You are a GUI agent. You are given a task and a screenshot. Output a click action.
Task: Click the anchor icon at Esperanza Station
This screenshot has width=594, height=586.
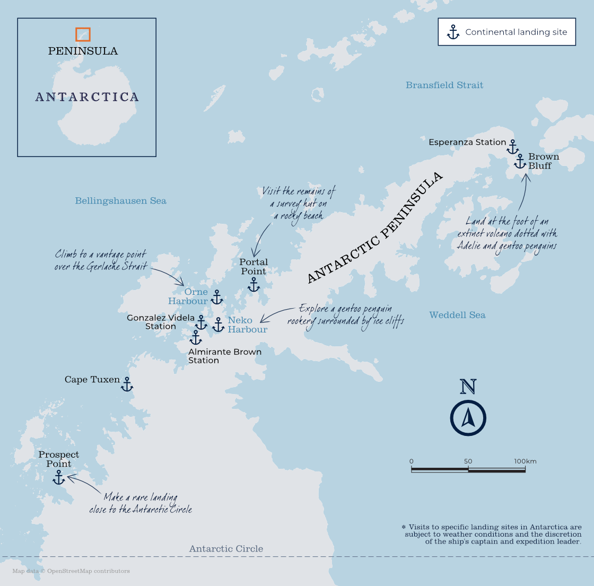point(512,147)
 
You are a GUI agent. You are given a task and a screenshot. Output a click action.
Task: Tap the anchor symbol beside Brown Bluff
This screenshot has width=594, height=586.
point(520,161)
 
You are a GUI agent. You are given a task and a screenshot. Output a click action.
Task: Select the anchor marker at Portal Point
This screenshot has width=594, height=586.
point(254,285)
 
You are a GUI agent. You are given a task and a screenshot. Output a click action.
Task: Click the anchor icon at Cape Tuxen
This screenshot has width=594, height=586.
point(126,384)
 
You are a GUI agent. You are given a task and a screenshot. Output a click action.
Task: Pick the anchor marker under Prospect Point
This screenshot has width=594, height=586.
point(58,477)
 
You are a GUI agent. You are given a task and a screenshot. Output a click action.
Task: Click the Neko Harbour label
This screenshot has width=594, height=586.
point(247,325)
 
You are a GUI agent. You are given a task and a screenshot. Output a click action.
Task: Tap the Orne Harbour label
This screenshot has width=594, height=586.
point(188,296)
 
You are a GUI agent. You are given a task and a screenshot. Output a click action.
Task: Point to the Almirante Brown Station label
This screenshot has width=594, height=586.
point(224,356)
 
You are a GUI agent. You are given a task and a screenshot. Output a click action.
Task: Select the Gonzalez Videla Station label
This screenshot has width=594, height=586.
point(160,322)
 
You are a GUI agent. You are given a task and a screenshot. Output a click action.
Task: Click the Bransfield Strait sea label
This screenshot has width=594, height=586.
point(444,85)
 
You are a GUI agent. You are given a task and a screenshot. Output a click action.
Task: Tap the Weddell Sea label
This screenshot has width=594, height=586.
point(457,315)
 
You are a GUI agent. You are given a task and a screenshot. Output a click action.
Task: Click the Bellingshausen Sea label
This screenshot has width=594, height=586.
point(120,201)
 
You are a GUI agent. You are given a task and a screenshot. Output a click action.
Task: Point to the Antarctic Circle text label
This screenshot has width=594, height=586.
point(226,549)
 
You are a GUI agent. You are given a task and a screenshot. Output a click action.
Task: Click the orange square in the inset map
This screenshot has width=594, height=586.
point(83,34)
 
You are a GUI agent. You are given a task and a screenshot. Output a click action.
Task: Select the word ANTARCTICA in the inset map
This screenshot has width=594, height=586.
point(87,97)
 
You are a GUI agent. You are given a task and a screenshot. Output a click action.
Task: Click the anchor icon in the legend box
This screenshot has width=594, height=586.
point(453,32)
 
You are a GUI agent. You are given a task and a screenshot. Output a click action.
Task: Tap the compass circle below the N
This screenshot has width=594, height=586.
point(468,418)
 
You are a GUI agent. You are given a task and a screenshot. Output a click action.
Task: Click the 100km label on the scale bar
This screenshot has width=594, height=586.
point(525,461)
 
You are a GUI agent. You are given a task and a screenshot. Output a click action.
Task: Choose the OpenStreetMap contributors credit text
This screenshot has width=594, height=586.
point(71,571)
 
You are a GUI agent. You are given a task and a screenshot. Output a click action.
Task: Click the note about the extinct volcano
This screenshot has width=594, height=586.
point(506,233)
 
